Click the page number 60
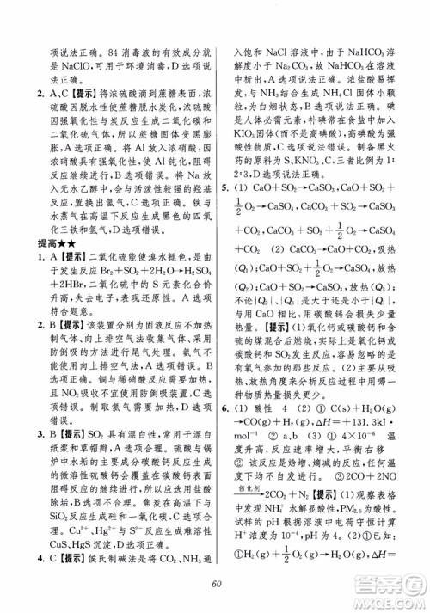click(x=215, y=586)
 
